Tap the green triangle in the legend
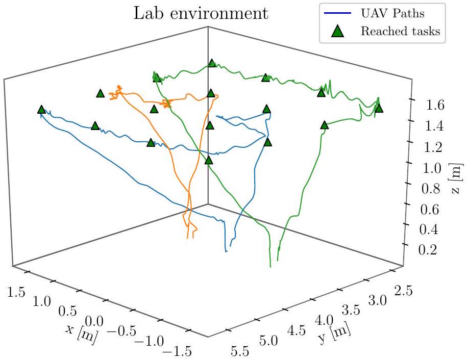coord(338,31)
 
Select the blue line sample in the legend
coord(338,12)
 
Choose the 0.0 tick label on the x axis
coord(95,321)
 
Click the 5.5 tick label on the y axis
coord(242,351)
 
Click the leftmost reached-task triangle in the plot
coord(41,110)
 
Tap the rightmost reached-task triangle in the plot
coord(378,108)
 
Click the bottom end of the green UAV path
coord(269,266)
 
